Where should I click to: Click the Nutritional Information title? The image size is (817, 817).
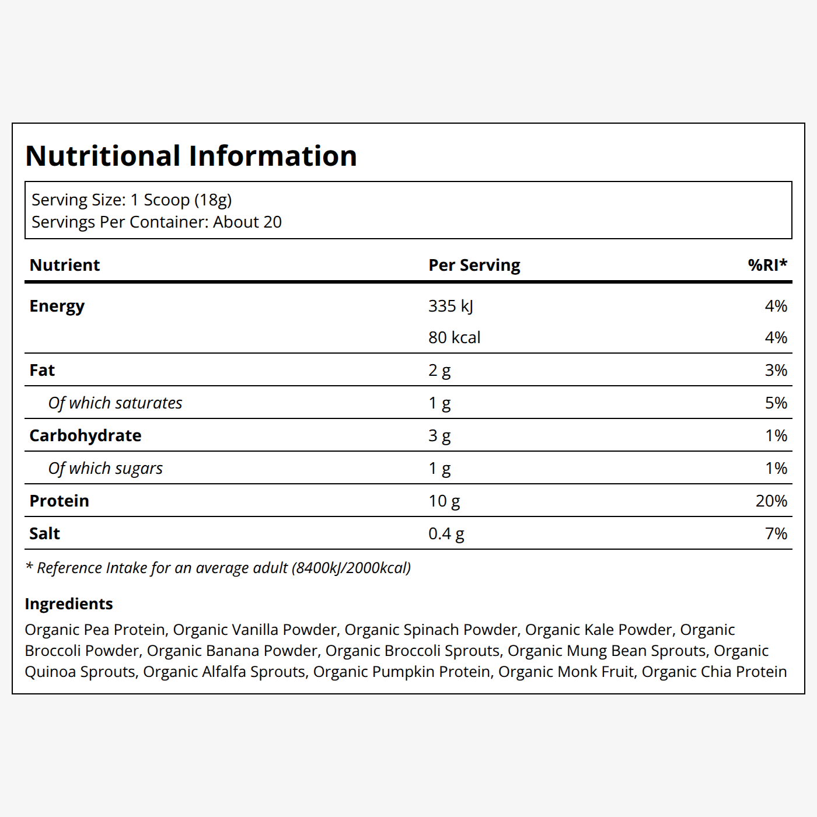tap(191, 156)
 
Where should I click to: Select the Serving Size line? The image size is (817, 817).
tap(132, 200)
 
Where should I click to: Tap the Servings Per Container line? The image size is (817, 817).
tap(156, 222)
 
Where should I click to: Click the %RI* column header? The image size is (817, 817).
tap(767, 265)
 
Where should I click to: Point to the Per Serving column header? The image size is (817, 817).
tap(474, 266)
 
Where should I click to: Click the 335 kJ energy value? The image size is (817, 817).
tap(451, 306)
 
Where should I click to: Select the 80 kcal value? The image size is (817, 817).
tap(455, 337)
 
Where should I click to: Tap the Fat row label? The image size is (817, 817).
tap(42, 370)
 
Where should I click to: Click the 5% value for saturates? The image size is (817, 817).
tap(776, 403)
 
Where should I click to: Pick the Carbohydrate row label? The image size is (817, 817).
tap(85, 435)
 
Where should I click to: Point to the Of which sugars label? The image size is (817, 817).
tap(105, 469)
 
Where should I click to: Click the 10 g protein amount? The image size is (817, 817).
tap(444, 501)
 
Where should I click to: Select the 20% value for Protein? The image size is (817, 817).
tap(771, 501)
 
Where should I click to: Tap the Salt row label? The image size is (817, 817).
tap(44, 533)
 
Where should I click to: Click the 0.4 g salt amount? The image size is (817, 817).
tap(446, 534)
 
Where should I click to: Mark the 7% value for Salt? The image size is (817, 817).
tap(776, 533)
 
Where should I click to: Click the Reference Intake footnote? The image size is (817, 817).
tap(218, 568)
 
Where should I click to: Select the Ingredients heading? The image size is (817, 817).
tap(69, 604)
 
